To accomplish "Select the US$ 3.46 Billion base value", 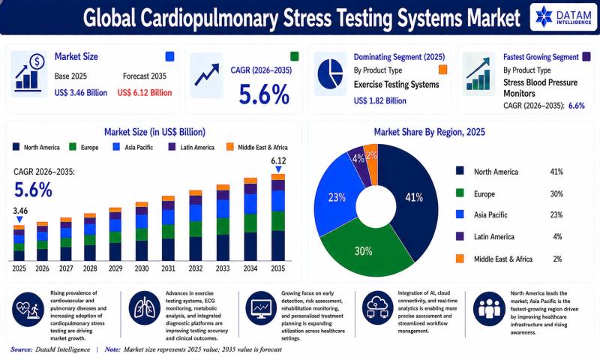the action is point(81,92).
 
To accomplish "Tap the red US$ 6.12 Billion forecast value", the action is point(145,92).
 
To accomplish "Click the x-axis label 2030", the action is point(142,268).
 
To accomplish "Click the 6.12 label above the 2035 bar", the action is point(278,161).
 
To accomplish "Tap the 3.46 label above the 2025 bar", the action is point(20,211).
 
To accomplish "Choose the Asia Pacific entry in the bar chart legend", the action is point(133,147).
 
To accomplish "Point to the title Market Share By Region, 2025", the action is point(429,132).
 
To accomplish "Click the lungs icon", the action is point(144,308).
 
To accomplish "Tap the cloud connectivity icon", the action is point(377,308).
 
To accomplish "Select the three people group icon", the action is point(489,309).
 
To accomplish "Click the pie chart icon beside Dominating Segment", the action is point(330,74).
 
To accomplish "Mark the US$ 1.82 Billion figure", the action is point(380,101).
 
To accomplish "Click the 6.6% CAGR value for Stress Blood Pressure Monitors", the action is point(577,106).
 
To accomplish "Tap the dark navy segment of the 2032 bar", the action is point(195,249).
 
